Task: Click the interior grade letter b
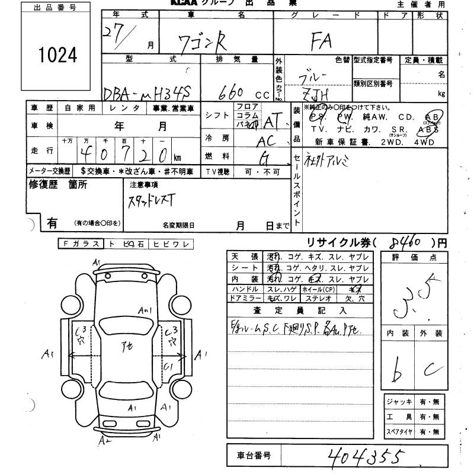[x=399, y=370]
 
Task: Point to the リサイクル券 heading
[x=342, y=242]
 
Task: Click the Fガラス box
[x=81, y=244]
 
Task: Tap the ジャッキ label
[x=398, y=402]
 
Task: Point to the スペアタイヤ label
[x=398, y=432]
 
